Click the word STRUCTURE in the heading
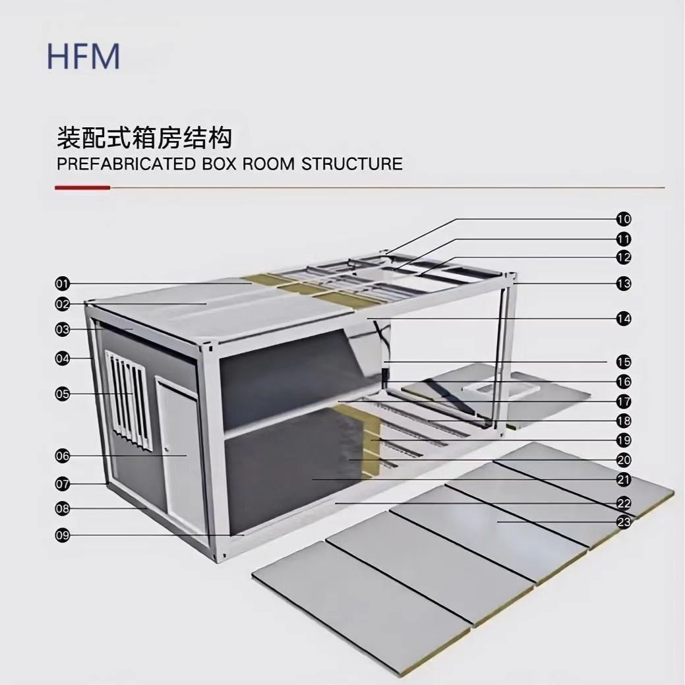pyautogui.click(x=351, y=164)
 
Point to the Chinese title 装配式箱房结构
pyautogui.click(x=144, y=138)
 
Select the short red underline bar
pyautogui.click(x=82, y=188)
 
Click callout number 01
pyautogui.click(x=62, y=284)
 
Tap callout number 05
pyautogui.click(x=62, y=394)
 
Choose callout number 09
pyautogui.click(x=62, y=535)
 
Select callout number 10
pyautogui.click(x=624, y=219)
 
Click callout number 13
pyautogui.click(x=624, y=284)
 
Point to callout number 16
pyautogui.click(x=624, y=381)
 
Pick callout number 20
pyautogui.click(x=624, y=460)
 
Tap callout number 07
pyautogui.click(x=62, y=484)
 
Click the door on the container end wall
pyautogui.click(x=179, y=448)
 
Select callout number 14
pyautogui.click(x=624, y=319)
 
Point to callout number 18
pyautogui.click(x=624, y=421)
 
